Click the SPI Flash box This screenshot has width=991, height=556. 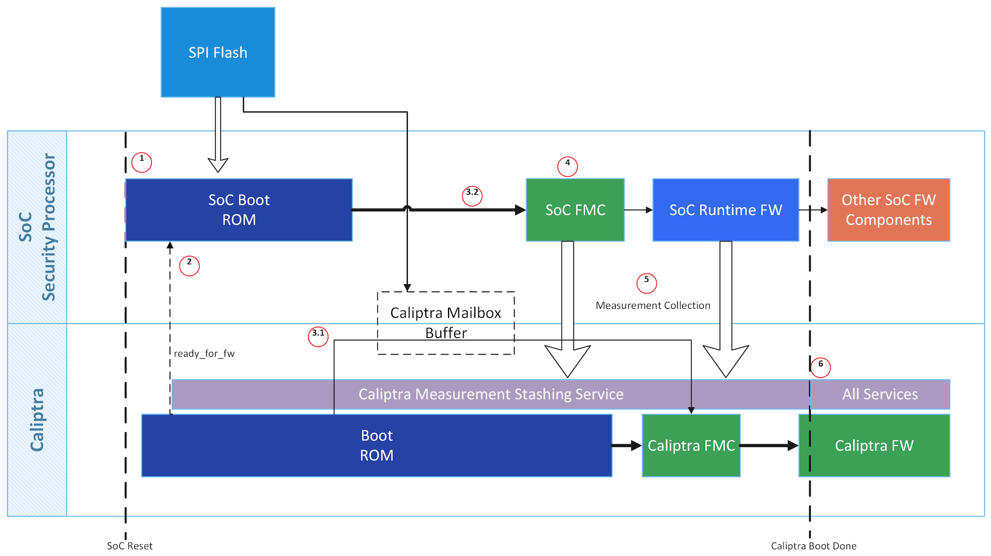tap(218, 52)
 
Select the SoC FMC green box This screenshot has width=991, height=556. tap(575, 210)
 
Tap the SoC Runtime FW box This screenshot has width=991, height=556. tap(725, 210)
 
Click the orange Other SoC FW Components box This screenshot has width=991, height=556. tap(888, 210)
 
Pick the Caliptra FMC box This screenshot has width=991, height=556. tap(691, 445)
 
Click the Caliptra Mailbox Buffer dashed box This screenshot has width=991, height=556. tap(445, 323)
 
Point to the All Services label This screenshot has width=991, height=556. tap(880, 394)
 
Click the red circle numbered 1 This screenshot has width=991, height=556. tap(141, 162)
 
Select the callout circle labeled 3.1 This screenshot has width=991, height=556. tap(318, 337)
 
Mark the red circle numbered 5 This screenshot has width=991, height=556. tap(646, 283)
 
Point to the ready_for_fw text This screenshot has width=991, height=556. tap(204, 354)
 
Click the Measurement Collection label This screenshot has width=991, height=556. tap(652, 306)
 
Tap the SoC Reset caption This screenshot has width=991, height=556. tap(130, 546)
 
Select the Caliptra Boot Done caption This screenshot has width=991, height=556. tap(813, 546)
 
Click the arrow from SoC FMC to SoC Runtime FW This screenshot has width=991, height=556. tap(638, 210)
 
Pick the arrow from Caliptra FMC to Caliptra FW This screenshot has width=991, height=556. tap(769, 445)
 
